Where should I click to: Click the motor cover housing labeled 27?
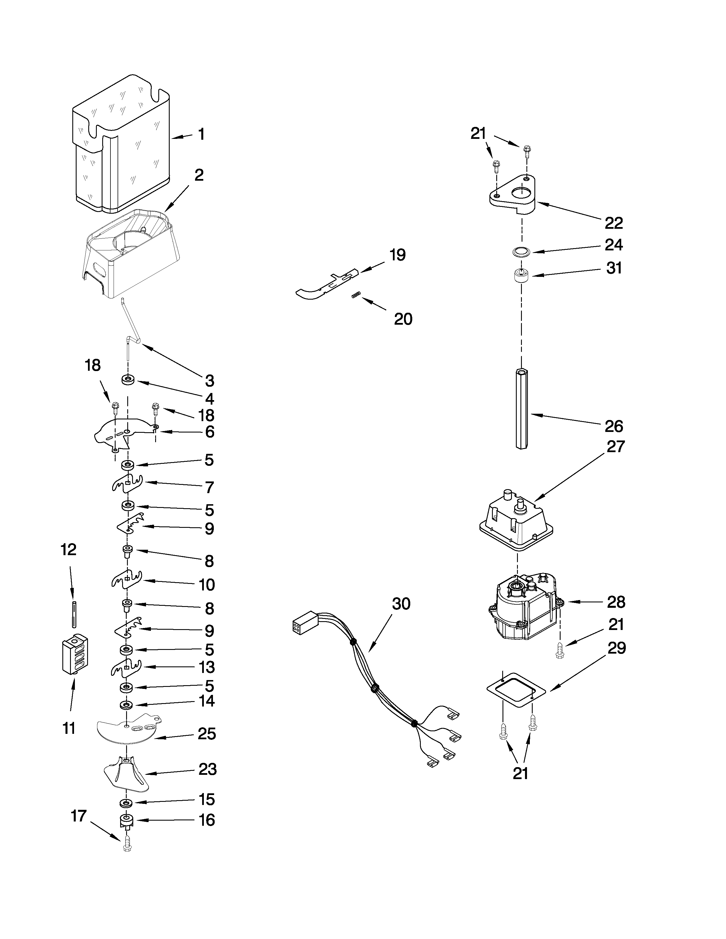[x=515, y=524]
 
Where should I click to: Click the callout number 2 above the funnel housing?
[x=199, y=175]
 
